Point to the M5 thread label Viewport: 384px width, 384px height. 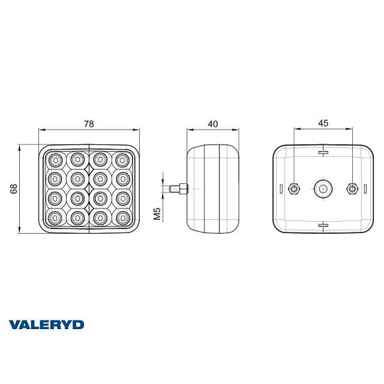pyautogui.click(x=158, y=214)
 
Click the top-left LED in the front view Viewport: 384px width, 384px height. pyautogui.click(x=56, y=159)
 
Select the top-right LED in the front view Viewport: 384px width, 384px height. pyautogui.click(x=122, y=159)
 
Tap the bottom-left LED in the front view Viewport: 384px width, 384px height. pyautogui.click(x=56, y=217)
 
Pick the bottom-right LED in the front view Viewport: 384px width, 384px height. pyautogui.click(x=122, y=217)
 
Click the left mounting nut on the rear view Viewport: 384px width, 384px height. pyautogui.click(x=294, y=189)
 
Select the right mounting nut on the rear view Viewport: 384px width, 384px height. pyautogui.click(x=352, y=189)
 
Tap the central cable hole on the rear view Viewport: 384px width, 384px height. pyautogui.click(x=323, y=189)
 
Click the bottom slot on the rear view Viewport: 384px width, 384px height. pyautogui.click(x=323, y=225)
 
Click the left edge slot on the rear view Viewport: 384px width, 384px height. pyautogui.click(x=282, y=189)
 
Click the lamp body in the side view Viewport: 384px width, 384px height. pyautogui.click(x=213, y=189)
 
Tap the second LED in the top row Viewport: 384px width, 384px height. pyautogui.click(x=78, y=159)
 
